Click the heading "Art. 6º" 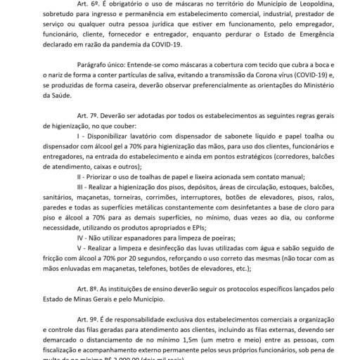tap(75, 7)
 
